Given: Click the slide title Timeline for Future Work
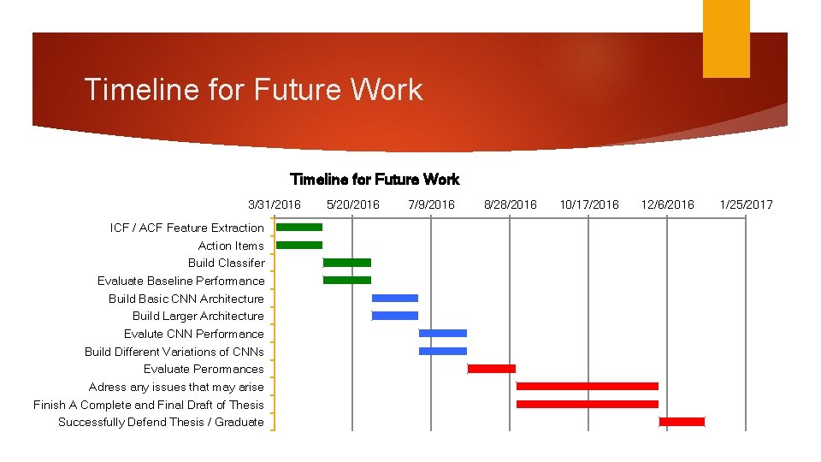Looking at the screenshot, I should (253, 90).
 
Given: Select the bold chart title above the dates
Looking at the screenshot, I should (375, 180).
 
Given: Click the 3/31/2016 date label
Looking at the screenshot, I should (274, 204).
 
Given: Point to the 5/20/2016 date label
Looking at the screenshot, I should (352, 204).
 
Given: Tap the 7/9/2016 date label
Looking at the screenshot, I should (431, 204).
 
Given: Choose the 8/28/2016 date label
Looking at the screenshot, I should (510, 204).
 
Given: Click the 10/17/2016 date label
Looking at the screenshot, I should (588, 204).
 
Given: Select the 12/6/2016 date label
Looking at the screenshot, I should (667, 204).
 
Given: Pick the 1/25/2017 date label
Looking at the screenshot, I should (746, 204).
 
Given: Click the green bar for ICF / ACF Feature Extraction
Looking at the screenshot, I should (299, 228).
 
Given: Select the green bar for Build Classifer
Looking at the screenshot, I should (347, 263).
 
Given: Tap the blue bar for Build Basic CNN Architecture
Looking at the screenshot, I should (395, 299).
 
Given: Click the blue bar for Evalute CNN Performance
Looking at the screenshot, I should (443, 334).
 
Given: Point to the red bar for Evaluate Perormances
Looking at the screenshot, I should (492, 369).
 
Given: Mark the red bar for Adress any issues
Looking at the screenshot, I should (588, 387).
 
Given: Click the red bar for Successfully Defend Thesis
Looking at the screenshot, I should (682, 422).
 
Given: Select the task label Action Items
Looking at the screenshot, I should (231, 246).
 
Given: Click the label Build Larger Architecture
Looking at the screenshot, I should (198, 317).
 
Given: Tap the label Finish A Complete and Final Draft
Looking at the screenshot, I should (149, 405).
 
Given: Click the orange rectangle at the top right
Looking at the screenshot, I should (726, 38).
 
